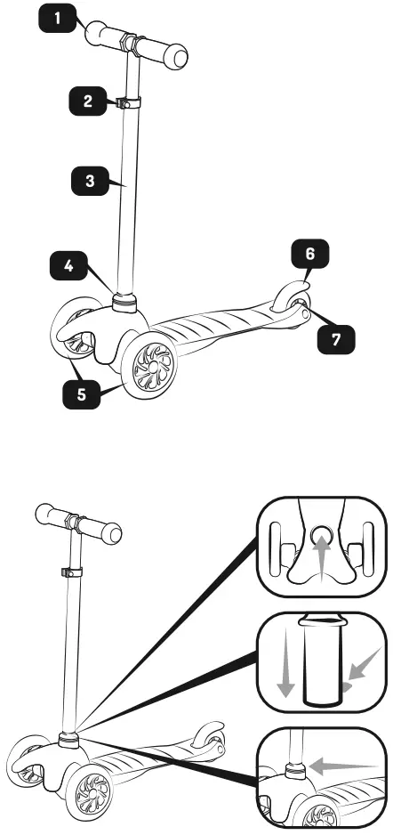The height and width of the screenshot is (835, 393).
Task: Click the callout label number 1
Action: (59, 18)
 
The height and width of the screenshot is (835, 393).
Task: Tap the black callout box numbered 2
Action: (87, 101)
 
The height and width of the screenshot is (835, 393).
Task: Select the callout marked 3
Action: (89, 181)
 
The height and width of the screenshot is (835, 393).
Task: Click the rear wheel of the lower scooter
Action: (207, 738)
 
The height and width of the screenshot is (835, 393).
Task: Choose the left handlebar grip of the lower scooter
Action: (52, 516)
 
